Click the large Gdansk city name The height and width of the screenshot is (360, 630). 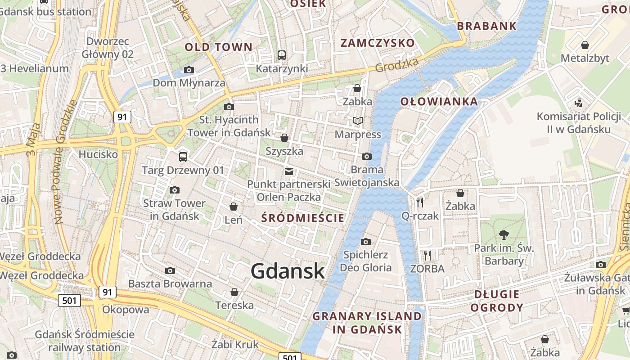point(288,271)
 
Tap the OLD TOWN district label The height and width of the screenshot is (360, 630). point(219,47)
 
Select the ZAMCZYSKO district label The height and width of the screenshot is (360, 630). point(378,43)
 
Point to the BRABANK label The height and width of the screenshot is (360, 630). point(487,26)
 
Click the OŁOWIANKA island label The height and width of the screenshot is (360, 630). point(439,102)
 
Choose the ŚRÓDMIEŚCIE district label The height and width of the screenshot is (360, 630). point(303,218)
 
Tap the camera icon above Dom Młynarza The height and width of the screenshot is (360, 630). point(189,70)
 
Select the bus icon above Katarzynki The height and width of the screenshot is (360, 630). point(282,55)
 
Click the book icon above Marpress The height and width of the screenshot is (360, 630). point(358,121)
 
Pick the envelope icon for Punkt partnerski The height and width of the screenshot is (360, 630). point(289,171)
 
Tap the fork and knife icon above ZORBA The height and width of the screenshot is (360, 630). point(427,256)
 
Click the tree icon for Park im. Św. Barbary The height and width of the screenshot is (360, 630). point(504,234)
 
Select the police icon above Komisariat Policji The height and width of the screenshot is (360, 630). point(578,103)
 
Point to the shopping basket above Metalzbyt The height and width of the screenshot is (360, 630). point(585,45)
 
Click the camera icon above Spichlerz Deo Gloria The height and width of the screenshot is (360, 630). point(366,242)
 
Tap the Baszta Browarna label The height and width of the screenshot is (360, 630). point(170,284)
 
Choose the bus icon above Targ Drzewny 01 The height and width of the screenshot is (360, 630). point(183,157)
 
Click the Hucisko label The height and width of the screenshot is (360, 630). point(98,154)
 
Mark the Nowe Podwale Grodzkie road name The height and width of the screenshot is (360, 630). point(64,162)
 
